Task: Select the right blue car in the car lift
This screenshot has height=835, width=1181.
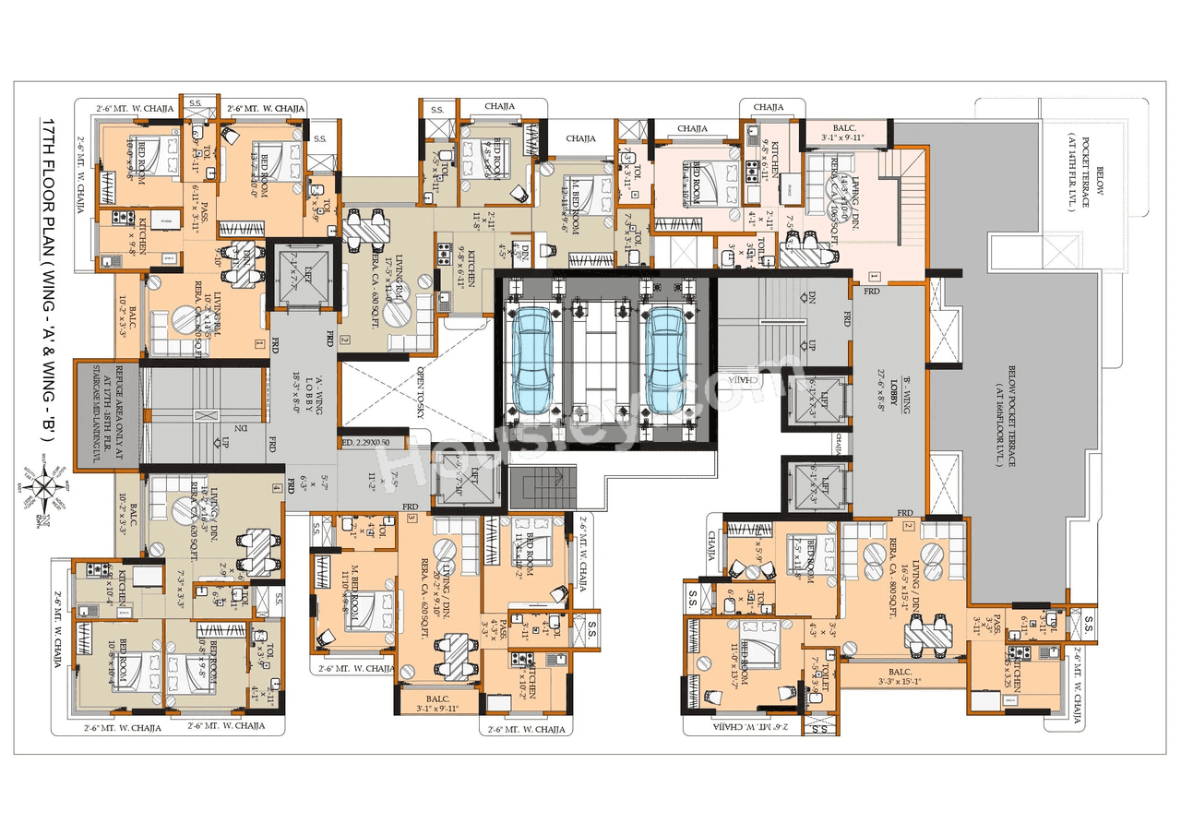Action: click(667, 350)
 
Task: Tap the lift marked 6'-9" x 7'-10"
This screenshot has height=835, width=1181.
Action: click(473, 480)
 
